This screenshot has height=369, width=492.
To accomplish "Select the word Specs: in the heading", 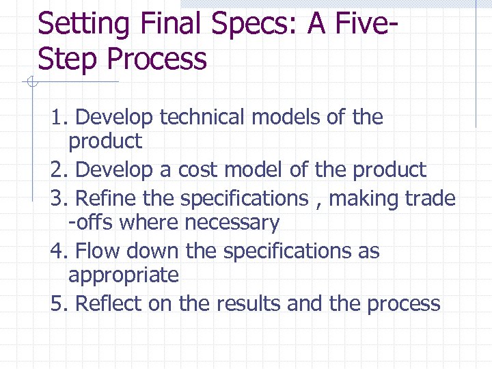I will [x=263, y=26].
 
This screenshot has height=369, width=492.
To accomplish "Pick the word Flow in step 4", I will [x=97, y=251].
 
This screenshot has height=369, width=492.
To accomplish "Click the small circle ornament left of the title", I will [x=29, y=83].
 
